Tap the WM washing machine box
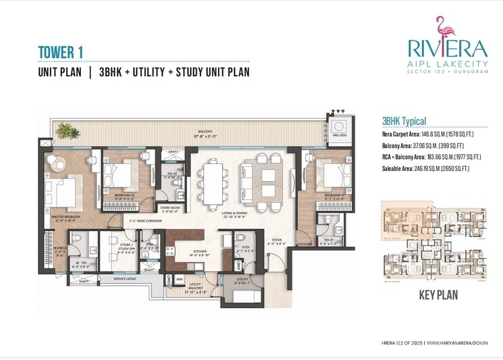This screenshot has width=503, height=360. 179,278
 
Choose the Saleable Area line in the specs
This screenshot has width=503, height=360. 425,168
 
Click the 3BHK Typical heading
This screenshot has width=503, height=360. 404,122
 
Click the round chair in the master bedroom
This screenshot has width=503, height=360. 56,163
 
